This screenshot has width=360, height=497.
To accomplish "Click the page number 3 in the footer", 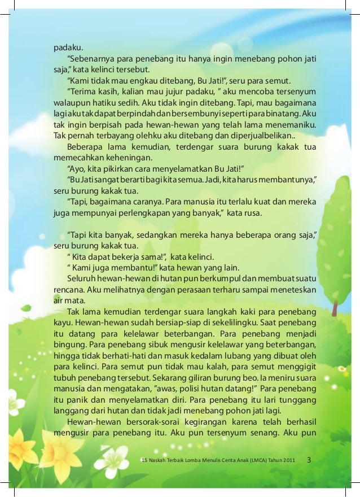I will tap(309, 460).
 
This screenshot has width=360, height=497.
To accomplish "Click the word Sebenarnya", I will tap(89, 59).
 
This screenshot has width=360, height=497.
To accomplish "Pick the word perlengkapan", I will tap(159, 213).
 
